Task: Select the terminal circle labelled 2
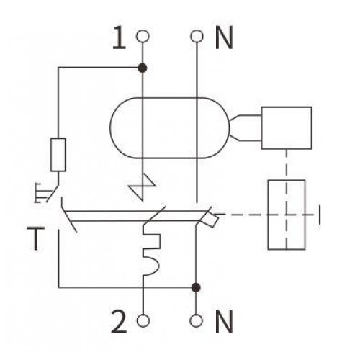coord(143,320)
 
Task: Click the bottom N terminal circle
coord(197,320)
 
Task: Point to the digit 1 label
coord(120,37)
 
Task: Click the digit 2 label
coord(119,322)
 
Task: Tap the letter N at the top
coord(224,37)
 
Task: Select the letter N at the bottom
coord(224,322)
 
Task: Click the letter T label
coord(36,238)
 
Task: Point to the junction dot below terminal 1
coord(143,68)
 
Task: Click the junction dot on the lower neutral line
coord(196,287)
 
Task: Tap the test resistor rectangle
coord(58,155)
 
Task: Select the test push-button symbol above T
coord(46,193)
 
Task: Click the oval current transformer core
coord(110,128)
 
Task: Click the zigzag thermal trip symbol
coord(143,186)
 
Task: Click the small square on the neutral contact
coord(210,220)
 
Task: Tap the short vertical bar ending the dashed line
coord(319,215)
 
